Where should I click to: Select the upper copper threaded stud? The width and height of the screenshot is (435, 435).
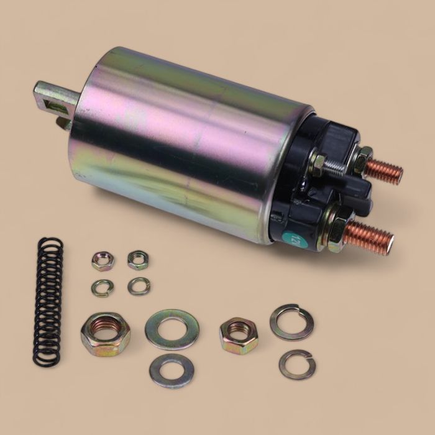pos(384,170)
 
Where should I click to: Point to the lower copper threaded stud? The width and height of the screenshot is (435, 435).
pos(370,239)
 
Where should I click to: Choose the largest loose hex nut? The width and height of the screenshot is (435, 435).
pos(105,334)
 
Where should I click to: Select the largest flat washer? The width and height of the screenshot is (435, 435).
pos(172,329)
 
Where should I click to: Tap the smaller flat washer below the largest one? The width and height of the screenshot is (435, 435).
pos(172,370)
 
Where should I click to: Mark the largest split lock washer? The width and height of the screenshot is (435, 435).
pos(291,322)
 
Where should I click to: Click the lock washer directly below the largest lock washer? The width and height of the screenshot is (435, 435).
pos(296,365)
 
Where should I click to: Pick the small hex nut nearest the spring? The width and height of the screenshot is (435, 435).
pos(103,261)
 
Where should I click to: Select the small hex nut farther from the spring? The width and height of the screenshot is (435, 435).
pos(138,260)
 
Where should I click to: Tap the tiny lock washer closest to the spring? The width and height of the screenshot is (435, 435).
pos(103,288)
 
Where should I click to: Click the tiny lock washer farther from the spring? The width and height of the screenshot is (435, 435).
pos(139,286)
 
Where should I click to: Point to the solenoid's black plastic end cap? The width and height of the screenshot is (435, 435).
pos(323,186)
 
